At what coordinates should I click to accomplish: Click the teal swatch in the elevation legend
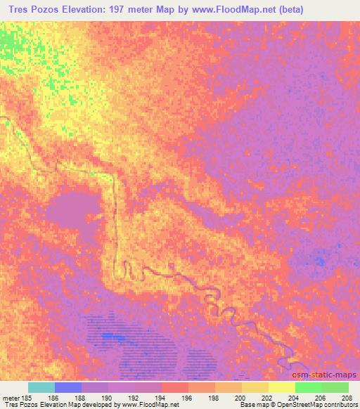tap(41, 387)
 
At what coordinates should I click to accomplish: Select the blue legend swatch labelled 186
tap(68, 387)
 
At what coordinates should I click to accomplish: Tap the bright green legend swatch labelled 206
tap(309, 387)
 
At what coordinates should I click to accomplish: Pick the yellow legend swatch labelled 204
tap(282, 387)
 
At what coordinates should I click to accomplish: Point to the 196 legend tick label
tap(188, 397)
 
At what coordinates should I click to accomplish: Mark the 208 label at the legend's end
tap(349, 397)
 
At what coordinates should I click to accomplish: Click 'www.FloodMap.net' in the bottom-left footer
tap(150, 405)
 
